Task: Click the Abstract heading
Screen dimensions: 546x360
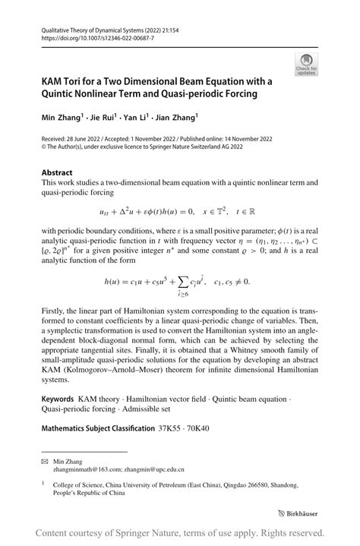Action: [58, 172]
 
